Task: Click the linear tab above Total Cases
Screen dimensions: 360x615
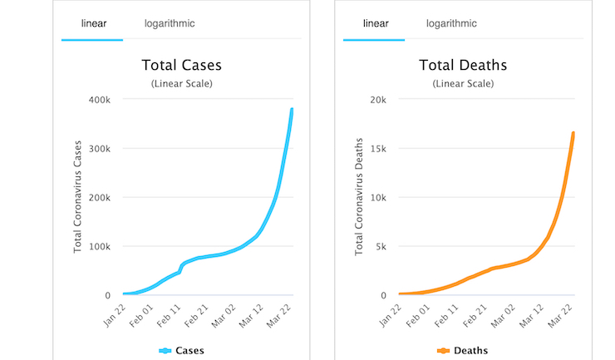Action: pyautogui.click(x=93, y=23)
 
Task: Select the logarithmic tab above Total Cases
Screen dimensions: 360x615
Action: pyautogui.click(x=170, y=23)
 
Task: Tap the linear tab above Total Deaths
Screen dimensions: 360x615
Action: pyautogui.click(x=376, y=23)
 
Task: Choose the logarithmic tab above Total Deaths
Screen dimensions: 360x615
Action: pyautogui.click(x=451, y=23)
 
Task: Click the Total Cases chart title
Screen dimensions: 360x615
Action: pyautogui.click(x=182, y=65)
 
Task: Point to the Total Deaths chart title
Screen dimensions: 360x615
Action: pyautogui.click(x=465, y=65)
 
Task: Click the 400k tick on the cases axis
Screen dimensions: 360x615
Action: pyautogui.click(x=111, y=100)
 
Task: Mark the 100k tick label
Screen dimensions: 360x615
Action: pyautogui.click(x=111, y=247)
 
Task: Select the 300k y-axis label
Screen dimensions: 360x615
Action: pyautogui.click(x=111, y=149)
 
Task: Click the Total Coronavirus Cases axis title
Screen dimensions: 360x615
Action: pyautogui.click(x=79, y=197)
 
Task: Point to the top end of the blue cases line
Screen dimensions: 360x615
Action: pyautogui.click(x=292, y=109)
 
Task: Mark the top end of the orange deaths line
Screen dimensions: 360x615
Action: pyautogui.click(x=573, y=133)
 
